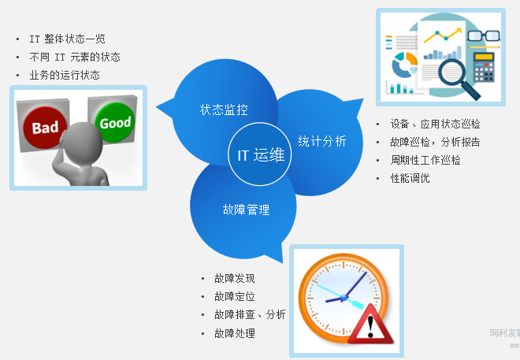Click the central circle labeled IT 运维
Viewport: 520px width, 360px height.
point(260,154)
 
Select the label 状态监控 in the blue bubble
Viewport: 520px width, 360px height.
point(224,109)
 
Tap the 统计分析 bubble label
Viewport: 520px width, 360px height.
point(321,141)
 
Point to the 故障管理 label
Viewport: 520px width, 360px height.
point(246,210)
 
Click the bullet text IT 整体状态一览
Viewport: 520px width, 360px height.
point(67,39)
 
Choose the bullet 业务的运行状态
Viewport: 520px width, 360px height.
point(65,75)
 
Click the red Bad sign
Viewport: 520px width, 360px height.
point(46,127)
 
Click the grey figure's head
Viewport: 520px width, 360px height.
point(79,141)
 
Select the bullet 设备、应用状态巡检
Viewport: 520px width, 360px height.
point(435,124)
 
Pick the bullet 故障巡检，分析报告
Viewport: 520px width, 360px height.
point(435,142)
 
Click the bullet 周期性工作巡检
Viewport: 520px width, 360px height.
point(425,160)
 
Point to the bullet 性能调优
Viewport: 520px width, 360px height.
point(410,178)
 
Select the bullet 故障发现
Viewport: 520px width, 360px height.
point(234,278)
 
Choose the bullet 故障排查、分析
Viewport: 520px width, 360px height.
point(249,314)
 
